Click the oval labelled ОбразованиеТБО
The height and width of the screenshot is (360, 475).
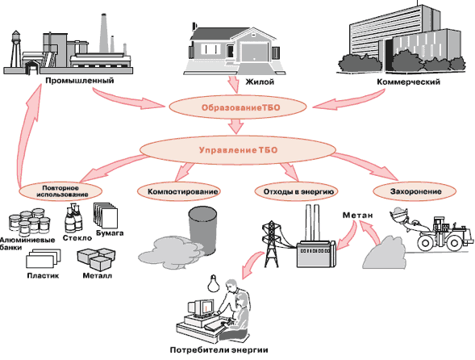(238, 107)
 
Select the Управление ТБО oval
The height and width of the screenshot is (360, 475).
(238, 150)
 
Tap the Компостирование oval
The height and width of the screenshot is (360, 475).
(179, 191)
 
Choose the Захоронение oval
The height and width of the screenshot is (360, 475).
(414, 191)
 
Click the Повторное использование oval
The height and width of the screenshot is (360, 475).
(60, 191)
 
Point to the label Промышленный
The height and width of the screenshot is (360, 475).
(80, 81)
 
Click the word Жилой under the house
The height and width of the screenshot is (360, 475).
(260, 82)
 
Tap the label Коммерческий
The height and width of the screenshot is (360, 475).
(409, 82)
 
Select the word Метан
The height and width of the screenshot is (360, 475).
(357, 215)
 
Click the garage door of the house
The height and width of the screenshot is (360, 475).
(254, 53)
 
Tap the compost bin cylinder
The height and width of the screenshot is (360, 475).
(202, 229)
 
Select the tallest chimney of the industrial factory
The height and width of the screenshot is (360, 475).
(104, 34)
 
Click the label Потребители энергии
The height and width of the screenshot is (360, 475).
(219, 350)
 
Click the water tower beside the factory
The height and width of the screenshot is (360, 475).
(16, 50)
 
